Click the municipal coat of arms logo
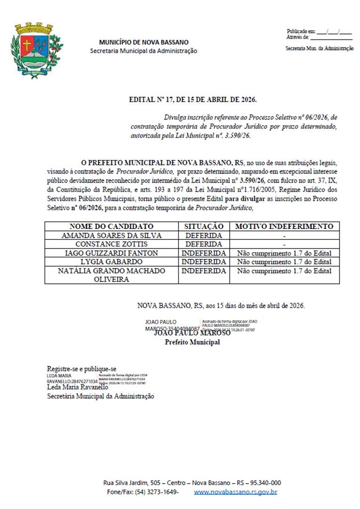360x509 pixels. tap(36, 50)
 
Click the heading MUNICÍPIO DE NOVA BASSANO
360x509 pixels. tap(144, 42)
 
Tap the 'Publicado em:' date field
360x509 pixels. tap(334, 31)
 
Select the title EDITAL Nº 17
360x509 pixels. tap(193, 100)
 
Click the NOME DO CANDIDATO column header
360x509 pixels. tap(112, 226)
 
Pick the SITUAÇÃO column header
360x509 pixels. tap(204, 226)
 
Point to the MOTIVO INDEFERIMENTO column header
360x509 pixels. tap(284, 226)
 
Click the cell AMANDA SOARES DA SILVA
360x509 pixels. tap(112, 235)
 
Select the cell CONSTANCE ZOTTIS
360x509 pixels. tap(112, 244)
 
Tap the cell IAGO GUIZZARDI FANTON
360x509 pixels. tap(112, 253)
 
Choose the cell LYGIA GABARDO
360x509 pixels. tap(112, 262)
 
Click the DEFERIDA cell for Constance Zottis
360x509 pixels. tap(204, 244)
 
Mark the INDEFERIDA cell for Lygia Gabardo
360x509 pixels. tap(204, 262)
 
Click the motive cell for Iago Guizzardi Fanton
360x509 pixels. tap(284, 253)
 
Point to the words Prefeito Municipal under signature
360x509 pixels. tap(192, 342)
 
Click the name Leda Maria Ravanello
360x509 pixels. tap(77, 387)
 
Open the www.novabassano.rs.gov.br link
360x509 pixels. tap(235, 492)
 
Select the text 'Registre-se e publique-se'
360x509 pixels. tap(81, 369)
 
